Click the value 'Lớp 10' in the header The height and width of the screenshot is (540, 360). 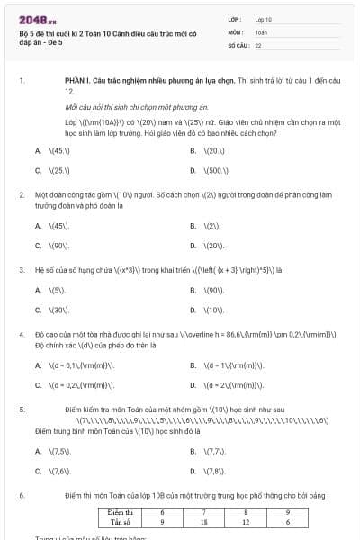[264, 18]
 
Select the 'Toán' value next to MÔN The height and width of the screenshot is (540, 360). [261, 31]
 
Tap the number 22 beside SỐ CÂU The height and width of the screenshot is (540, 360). [258, 44]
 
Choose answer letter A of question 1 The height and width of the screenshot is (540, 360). [38, 150]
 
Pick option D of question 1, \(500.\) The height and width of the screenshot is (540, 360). [216, 169]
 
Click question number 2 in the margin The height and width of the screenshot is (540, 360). [21, 194]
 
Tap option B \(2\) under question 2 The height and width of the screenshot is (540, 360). [212, 226]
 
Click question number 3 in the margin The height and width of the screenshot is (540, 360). [21, 269]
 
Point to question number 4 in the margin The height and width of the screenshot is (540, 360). [21, 334]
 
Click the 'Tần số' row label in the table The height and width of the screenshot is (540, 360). [115, 521]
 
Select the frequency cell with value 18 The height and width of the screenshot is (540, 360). [204, 521]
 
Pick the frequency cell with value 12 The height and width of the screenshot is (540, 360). [246, 521]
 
